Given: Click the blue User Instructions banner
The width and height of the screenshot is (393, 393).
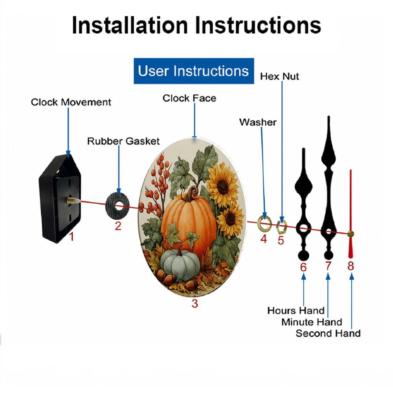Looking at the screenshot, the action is click(194, 71).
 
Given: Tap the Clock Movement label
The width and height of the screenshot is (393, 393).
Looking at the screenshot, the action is click(71, 102).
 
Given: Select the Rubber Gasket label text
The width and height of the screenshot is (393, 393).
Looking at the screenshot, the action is click(123, 141).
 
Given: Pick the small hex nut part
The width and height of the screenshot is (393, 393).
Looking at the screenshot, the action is click(281, 226).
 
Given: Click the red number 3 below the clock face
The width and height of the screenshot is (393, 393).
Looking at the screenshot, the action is click(195, 303).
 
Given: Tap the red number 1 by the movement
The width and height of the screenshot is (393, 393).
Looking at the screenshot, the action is click(72, 237).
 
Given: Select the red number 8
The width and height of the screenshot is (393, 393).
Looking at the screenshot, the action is click(351, 266).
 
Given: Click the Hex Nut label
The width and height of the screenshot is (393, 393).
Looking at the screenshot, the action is click(279, 77).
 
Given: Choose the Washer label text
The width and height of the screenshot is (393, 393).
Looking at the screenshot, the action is click(258, 122).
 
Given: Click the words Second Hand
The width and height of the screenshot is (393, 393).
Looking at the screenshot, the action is click(328, 333).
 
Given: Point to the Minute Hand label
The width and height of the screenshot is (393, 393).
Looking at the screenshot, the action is click(312, 322).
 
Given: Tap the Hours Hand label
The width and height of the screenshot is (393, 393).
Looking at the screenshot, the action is click(296, 310).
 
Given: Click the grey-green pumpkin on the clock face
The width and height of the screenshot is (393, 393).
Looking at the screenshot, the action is click(180, 265).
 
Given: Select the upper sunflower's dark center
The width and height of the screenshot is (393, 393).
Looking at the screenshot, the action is click(222, 186).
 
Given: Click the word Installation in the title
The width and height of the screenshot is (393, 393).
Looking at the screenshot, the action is click(130, 25).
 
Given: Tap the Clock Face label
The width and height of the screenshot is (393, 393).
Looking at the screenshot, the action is click(189, 98).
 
